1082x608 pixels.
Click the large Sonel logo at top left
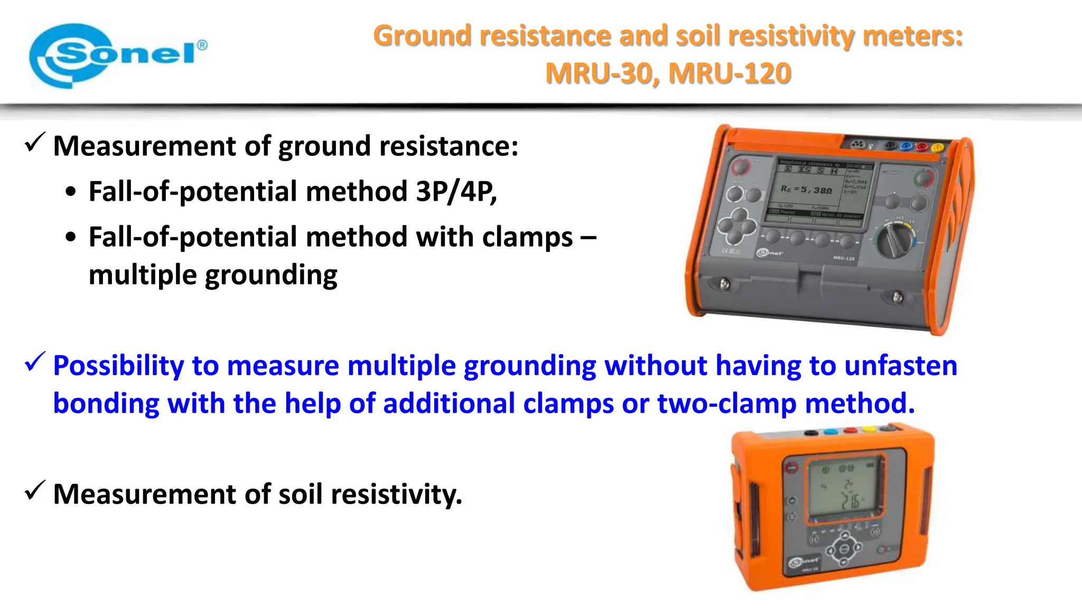click(x=117, y=55)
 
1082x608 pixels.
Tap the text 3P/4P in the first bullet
click(x=455, y=191)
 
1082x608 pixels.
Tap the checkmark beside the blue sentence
click(x=35, y=362)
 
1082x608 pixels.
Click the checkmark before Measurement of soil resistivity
click(x=35, y=491)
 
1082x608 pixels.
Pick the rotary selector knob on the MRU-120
click(x=895, y=240)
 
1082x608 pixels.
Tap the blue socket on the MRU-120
click(x=907, y=145)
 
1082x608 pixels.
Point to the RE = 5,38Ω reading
click(x=806, y=189)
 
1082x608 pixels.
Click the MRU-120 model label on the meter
click(x=843, y=258)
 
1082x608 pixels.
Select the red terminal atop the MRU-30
click(x=850, y=431)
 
